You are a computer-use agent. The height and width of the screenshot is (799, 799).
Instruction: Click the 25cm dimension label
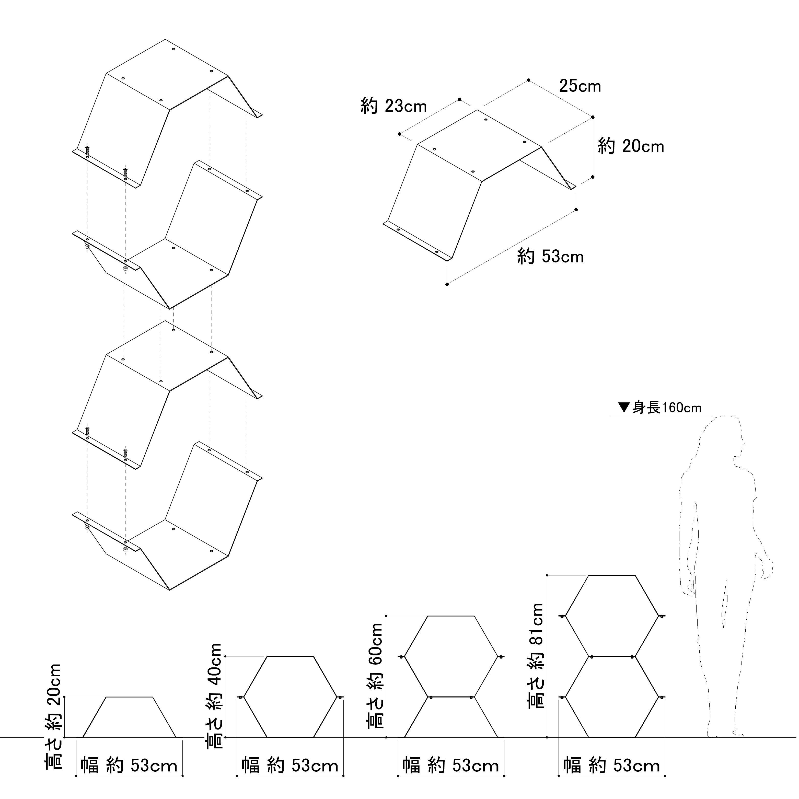tap(580, 86)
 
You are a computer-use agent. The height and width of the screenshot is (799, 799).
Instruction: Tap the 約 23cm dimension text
tap(393, 106)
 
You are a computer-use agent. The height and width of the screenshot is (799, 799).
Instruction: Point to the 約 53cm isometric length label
tap(550, 256)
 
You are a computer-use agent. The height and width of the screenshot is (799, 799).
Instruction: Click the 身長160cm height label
tap(667, 408)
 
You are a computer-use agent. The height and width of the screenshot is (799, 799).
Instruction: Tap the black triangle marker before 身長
tap(624, 407)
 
